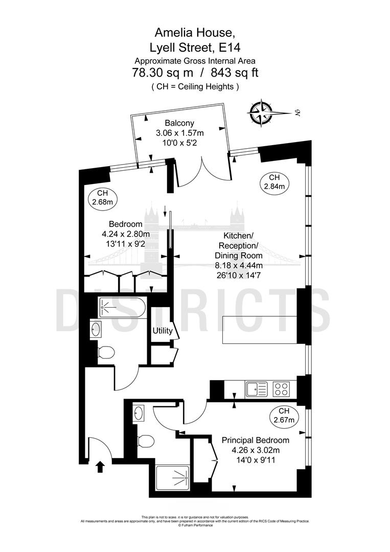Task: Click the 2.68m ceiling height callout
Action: pyautogui.click(x=102, y=198)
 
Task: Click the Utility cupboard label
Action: pyautogui.click(x=163, y=331)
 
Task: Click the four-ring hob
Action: pyautogui.click(x=282, y=389)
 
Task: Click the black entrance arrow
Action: pyautogui.click(x=100, y=466)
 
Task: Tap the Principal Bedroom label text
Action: pyautogui.click(x=255, y=440)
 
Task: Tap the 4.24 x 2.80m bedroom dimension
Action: pyautogui.click(x=126, y=234)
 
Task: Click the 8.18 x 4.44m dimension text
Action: pyautogui.click(x=239, y=265)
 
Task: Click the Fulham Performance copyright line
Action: pyautogui.click(x=195, y=525)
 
